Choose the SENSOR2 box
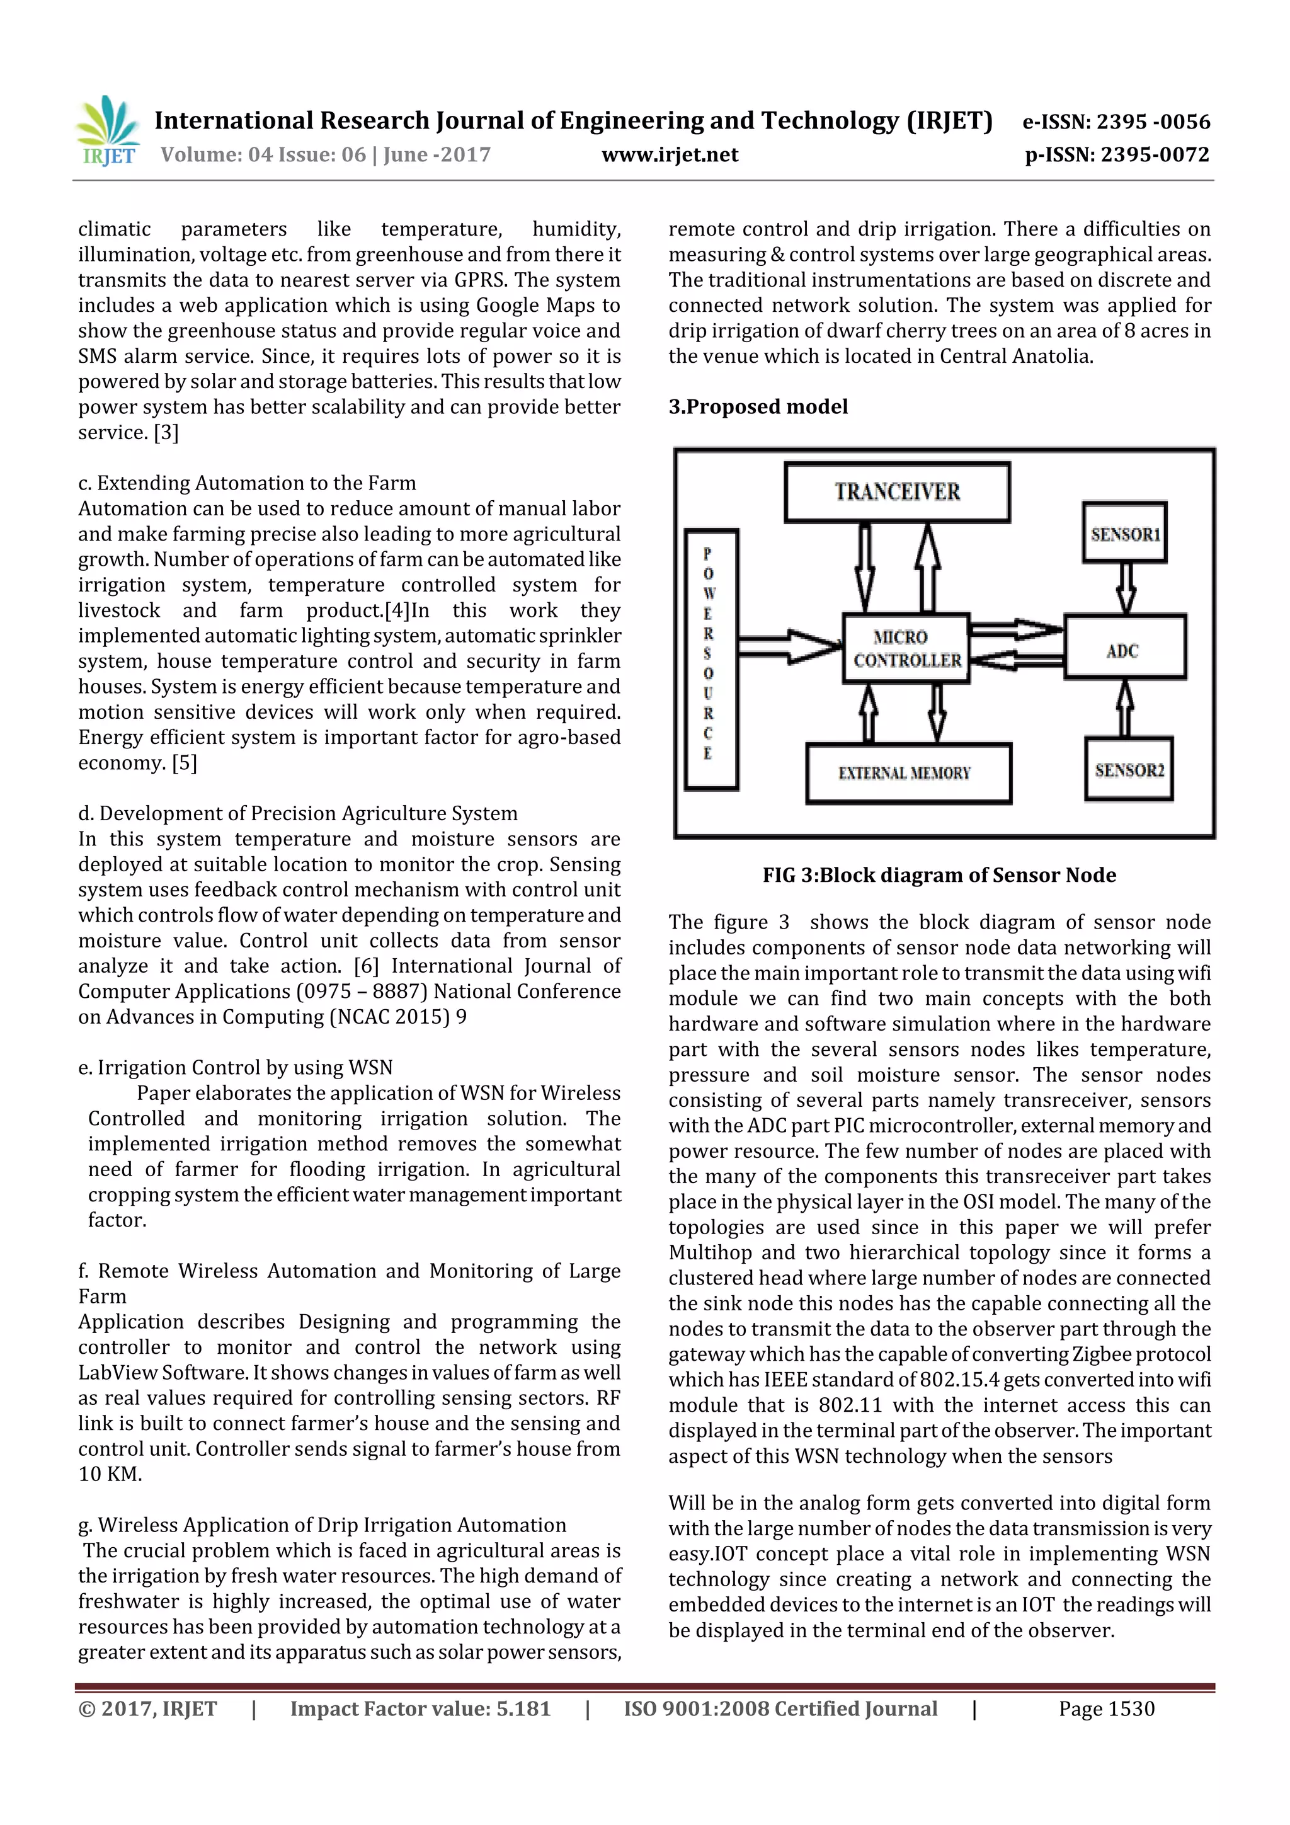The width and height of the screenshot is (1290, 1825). (x=1129, y=769)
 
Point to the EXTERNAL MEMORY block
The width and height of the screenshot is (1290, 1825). (x=908, y=772)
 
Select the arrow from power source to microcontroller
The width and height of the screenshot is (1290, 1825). (x=789, y=646)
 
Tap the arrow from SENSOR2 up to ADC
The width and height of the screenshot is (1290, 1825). (x=1126, y=708)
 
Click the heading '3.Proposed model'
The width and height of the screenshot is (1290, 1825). (x=758, y=407)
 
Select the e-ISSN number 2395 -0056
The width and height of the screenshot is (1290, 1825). (x=1153, y=122)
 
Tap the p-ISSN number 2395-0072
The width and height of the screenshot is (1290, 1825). (x=1154, y=155)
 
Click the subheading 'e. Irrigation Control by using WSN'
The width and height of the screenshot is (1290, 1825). (x=236, y=1068)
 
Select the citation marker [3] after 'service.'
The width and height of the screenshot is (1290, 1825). (x=166, y=432)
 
